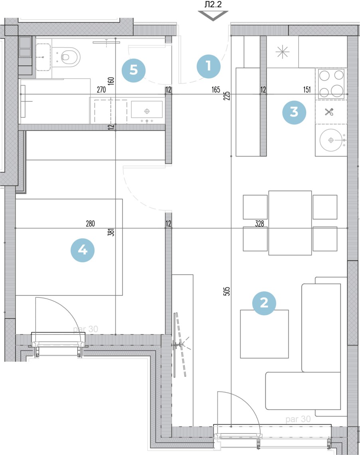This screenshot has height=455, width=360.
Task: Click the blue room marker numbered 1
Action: [209, 66]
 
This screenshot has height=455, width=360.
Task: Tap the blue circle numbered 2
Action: [264, 303]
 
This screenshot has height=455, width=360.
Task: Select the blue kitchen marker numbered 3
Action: [294, 112]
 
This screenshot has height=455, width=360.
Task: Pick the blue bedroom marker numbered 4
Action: [83, 250]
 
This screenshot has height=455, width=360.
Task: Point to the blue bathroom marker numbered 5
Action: [133, 70]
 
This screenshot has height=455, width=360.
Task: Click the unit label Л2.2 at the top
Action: [213, 4]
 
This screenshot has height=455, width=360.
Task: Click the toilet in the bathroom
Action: [69, 57]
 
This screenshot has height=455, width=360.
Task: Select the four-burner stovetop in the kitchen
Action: [331, 83]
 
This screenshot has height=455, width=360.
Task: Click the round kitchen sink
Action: [331, 140]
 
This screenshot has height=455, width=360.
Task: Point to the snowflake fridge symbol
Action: [282, 52]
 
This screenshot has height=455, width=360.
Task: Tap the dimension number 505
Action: [227, 291]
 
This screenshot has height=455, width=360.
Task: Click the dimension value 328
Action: [259, 224]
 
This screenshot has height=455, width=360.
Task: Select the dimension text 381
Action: [111, 232]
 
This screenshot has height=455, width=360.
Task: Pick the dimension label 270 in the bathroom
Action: [101, 90]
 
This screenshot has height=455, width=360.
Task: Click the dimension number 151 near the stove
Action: [307, 90]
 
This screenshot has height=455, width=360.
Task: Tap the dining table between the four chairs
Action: [290, 223]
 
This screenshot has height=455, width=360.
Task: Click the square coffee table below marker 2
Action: [264, 334]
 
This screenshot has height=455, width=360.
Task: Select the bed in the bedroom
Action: [69, 247]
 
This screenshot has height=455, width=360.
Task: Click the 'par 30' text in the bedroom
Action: [85, 329]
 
